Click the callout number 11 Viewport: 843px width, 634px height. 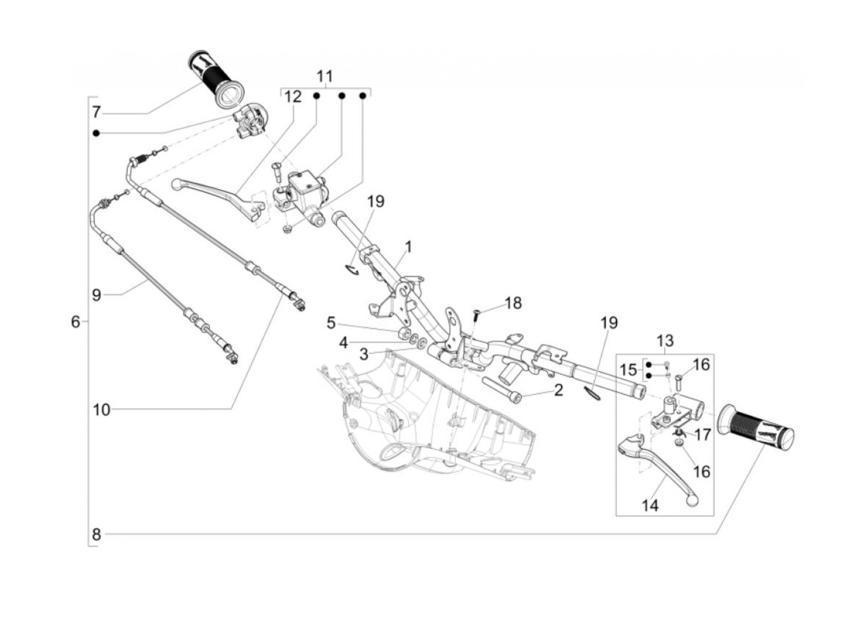[325, 77]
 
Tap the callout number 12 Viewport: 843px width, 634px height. [293, 96]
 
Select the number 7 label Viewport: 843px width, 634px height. [96, 112]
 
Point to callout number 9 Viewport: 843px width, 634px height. [96, 295]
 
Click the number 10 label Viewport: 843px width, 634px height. [101, 410]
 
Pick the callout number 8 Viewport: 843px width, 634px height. [96, 534]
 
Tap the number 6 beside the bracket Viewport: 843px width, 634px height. [76, 321]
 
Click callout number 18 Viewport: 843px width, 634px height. [513, 303]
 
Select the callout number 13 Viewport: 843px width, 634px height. [665, 341]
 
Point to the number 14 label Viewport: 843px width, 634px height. [650, 505]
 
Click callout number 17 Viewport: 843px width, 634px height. [703, 435]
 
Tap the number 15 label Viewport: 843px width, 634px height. [629, 370]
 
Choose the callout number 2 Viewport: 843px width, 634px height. [558, 391]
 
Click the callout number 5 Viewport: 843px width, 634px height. [331, 323]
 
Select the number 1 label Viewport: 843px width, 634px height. [408, 246]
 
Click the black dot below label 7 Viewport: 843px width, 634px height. [96, 133]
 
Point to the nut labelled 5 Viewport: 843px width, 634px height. [403, 333]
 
